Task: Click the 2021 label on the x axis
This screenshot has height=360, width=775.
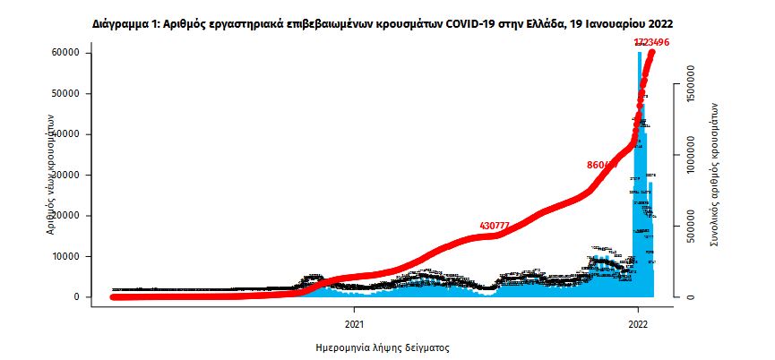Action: click(355, 323)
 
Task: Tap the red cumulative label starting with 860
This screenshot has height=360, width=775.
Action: click(602, 165)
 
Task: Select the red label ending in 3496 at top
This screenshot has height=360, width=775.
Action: click(651, 42)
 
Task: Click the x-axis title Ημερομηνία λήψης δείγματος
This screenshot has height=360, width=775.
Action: click(383, 346)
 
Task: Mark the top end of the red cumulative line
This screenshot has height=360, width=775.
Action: click(652, 53)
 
